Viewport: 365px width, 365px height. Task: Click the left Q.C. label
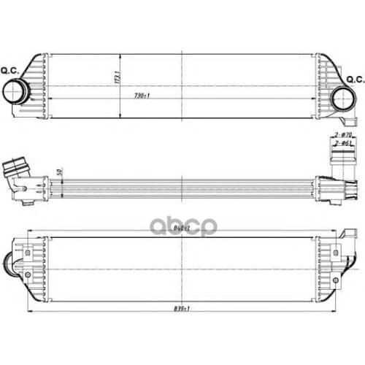[x=11, y=70]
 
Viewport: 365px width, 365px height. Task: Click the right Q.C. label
[x=355, y=79]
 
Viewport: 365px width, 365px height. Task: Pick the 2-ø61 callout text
[x=343, y=146]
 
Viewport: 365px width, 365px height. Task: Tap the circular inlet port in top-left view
[x=15, y=93]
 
